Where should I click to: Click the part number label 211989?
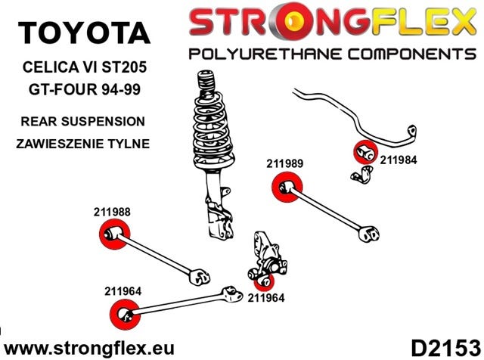tap(286, 163)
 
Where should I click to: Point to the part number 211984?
tap(399, 160)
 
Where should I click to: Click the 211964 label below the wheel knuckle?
tap(265, 297)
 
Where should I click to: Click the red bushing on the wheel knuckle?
tap(264, 281)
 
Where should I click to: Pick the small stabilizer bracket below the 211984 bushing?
tap(361, 177)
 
